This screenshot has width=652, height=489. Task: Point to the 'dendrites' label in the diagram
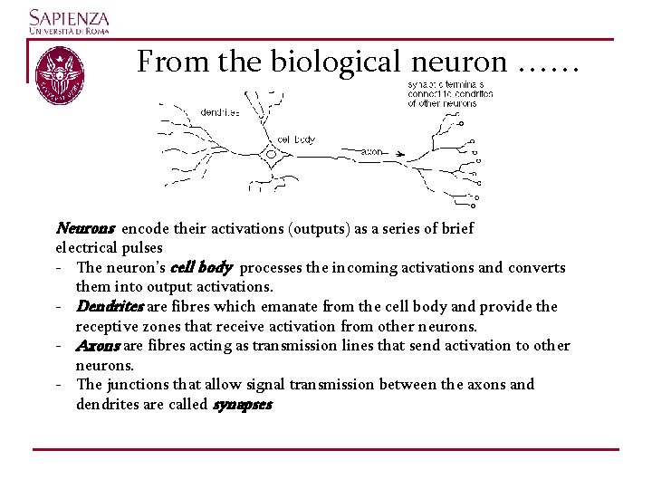point(220,113)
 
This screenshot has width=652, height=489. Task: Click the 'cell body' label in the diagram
point(296,139)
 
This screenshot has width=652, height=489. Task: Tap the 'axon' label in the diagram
point(371,152)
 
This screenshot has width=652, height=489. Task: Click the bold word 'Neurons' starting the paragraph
point(85,229)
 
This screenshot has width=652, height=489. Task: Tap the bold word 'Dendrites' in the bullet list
point(110,307)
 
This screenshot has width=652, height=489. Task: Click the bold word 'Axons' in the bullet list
point(99,346)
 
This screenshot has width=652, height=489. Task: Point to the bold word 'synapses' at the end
point(242,405)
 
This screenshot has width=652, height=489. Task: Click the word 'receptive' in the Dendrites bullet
point(108,326)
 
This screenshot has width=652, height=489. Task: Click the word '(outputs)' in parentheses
point(319,229)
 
